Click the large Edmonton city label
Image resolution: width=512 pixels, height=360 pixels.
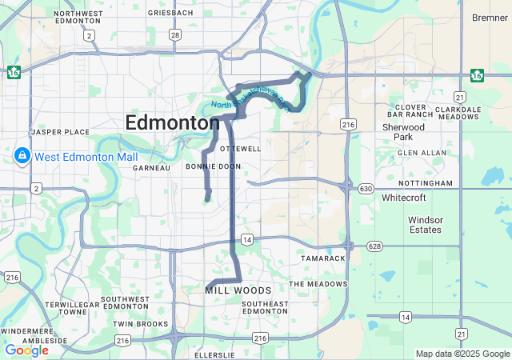point(172,123)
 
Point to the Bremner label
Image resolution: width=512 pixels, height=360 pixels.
point(490,18)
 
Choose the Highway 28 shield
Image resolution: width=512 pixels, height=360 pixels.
point(174,34)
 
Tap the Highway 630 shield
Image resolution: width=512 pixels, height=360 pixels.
point(366,188)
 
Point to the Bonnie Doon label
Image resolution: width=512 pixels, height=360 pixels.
point(213,166)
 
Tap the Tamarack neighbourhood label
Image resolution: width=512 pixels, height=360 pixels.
point(322,259)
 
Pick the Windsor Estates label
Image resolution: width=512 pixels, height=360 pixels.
point(425,225)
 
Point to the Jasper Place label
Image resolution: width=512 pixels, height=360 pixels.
point(60,131)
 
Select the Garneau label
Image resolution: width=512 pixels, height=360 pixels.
point(151,168)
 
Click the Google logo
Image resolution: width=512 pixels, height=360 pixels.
point(26,350)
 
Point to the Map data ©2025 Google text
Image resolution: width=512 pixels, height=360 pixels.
point(462,354)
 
